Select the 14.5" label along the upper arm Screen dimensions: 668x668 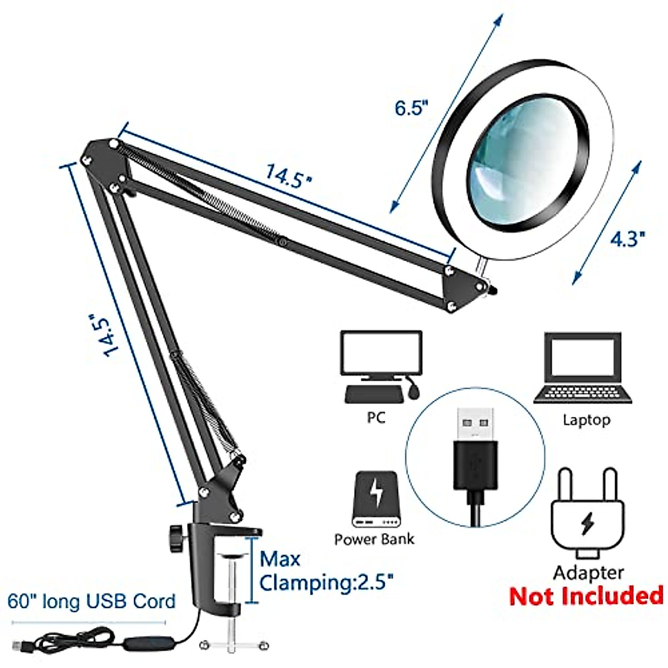point(288,174)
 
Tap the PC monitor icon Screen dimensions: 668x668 point(381,354)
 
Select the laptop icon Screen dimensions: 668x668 point(583,367)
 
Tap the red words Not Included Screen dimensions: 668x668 point(586,596)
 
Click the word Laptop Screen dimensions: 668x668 point(586,420)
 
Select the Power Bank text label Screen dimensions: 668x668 point(374,539)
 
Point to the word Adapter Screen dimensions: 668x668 point(588,572)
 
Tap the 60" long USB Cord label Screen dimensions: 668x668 point(92,601)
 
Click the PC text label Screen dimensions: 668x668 point(376,417)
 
